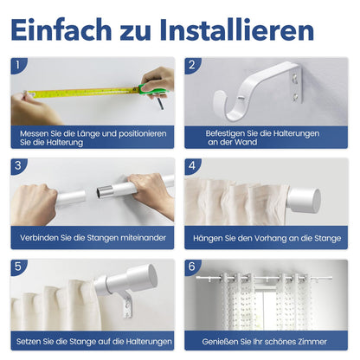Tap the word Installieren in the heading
pyautogui.click(x=236, y=29)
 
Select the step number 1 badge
pyautogui.click(x=18, y=65)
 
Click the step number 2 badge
pyautogui.click(x=192, y=65)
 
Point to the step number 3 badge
pyautogui.click(x=18, y=165)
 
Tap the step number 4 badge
pyautogui.click(x=192, y=165)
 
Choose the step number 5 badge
pyautogui.click(x=18, y=267)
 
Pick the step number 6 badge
pyautogui.click(x=192, y=267)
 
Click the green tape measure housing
pyautogui.click(x=152, y=90)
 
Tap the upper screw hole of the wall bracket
pyautogui.click(x=294, y=78)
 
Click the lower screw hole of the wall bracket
pyautogui.click(x=294, y=97)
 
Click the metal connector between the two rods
pyautogui.click(x=104, y=192)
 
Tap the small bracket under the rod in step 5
pyautogui.click(x=127, y=305)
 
